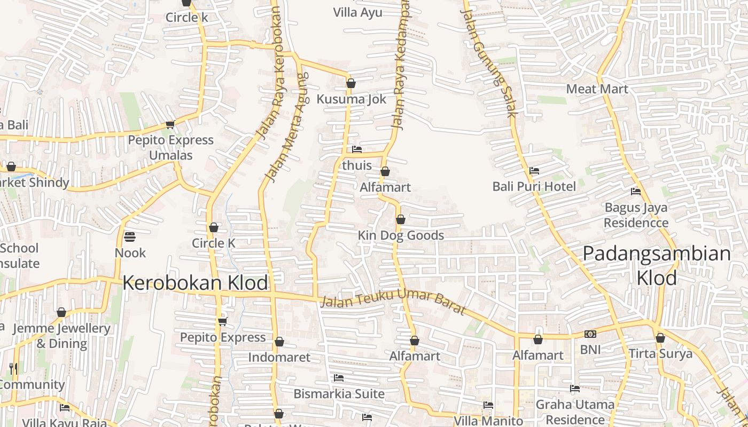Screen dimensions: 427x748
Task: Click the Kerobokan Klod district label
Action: click(195, 283)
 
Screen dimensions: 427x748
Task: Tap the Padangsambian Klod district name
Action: click(657, 265)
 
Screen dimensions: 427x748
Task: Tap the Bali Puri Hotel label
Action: click(534, 186)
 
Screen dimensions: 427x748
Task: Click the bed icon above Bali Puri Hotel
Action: click(534, 171)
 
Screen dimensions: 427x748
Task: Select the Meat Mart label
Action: click(597, 89)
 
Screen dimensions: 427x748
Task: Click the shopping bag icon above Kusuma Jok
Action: click(351, 83)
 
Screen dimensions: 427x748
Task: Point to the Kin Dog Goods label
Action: click(401, 235)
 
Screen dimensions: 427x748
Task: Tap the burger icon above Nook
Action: click(130, 236)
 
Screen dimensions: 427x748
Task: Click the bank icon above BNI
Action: click(590, 334)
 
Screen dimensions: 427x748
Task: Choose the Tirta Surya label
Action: click(660, 353)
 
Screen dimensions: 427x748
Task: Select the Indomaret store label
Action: click(279, 357)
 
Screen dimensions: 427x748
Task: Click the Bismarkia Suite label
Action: click(339, 394)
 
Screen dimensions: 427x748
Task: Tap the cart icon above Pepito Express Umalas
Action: click(170, 125)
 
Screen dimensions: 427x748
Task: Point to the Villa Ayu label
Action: click(357, 12)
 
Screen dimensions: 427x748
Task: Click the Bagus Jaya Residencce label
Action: click(636, 215)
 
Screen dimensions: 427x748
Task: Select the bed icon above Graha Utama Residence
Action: click(575, 389)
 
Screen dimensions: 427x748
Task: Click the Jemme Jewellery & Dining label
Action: click(61, 336)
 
